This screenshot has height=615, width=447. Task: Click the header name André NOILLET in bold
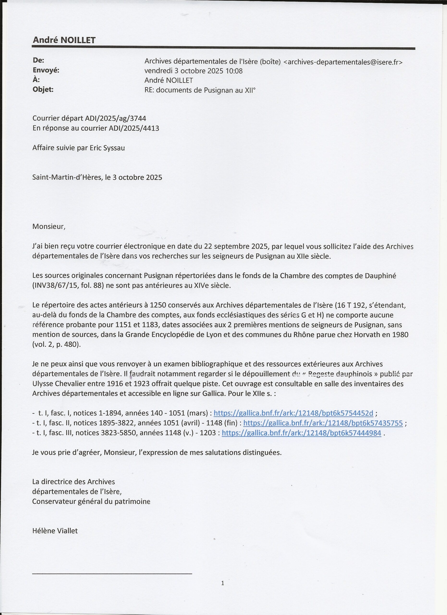click(64, 40)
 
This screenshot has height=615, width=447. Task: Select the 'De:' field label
click(38, 60)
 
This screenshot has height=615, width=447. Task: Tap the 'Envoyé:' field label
click(46, 70)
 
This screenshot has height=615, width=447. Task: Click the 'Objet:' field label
click(43, 89)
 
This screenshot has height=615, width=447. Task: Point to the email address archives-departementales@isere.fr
click(343, 62)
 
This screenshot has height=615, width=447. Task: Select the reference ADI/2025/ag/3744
click(116, 118)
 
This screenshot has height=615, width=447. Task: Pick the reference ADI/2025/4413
click(134, 128)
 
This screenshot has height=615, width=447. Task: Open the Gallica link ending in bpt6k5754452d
click(293, 413)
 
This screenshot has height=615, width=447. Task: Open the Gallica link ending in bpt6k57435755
click(323, 423)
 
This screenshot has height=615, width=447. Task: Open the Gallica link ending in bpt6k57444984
click(301, 433)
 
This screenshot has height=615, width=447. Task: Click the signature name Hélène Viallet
click(55, 531)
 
